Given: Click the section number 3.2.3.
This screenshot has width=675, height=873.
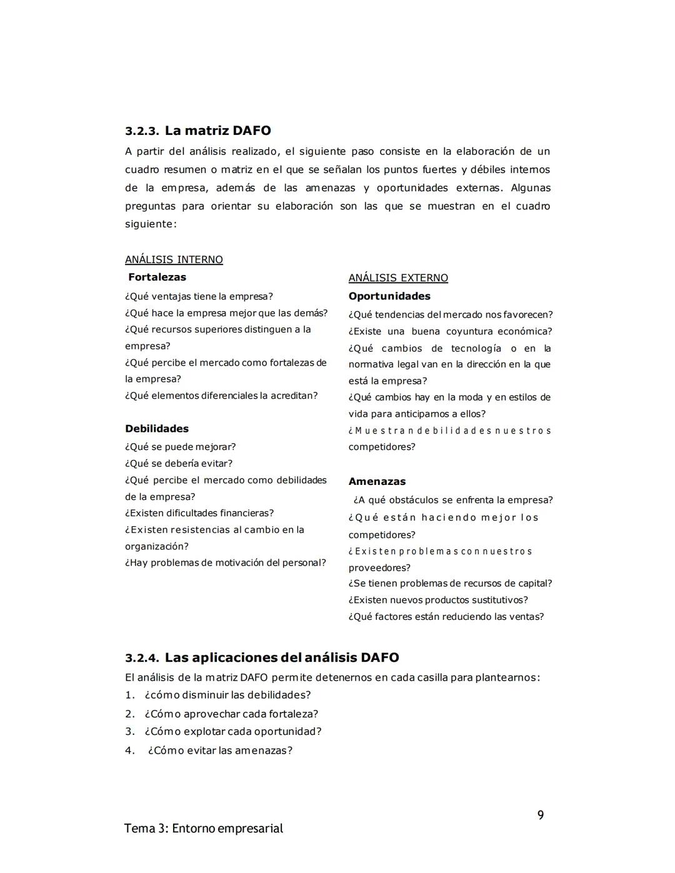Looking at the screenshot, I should (141, 131).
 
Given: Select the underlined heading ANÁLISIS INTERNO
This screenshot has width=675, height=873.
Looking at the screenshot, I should (174, 259).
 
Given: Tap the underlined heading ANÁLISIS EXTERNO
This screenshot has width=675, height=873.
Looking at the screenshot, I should (398, 277).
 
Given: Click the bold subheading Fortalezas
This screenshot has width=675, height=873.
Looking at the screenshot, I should (157, 277).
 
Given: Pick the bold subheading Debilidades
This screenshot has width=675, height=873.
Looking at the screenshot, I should (157, 429).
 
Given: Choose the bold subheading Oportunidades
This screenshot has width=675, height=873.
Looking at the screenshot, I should (389, 296).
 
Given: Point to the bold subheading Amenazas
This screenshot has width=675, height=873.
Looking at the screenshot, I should (377, 481).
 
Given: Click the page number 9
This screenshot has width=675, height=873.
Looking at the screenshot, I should (541, 815).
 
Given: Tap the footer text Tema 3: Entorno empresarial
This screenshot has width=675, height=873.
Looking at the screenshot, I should (203, 829).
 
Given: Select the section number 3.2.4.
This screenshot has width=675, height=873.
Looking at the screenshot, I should (141, 658).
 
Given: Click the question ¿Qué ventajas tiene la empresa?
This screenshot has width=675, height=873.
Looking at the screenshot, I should (199, 296).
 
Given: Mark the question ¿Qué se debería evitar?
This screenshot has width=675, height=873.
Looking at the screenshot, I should (179, 463).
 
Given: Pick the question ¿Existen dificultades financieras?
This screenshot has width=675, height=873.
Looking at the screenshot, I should (199, 513).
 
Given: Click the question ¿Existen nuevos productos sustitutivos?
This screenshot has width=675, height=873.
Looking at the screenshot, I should (438, 600).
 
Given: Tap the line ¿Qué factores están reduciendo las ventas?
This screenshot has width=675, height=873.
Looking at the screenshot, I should (446, 617).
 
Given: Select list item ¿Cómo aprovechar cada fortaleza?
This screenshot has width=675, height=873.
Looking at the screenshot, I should (231, 714).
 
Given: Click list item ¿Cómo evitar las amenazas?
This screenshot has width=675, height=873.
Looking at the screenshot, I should (220, 751).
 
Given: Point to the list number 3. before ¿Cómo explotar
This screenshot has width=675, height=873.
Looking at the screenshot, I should (129, 731).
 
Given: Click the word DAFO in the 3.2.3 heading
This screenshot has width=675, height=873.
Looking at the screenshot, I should (251, 131).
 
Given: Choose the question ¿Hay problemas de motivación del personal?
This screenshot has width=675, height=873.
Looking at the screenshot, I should (226, 562).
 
